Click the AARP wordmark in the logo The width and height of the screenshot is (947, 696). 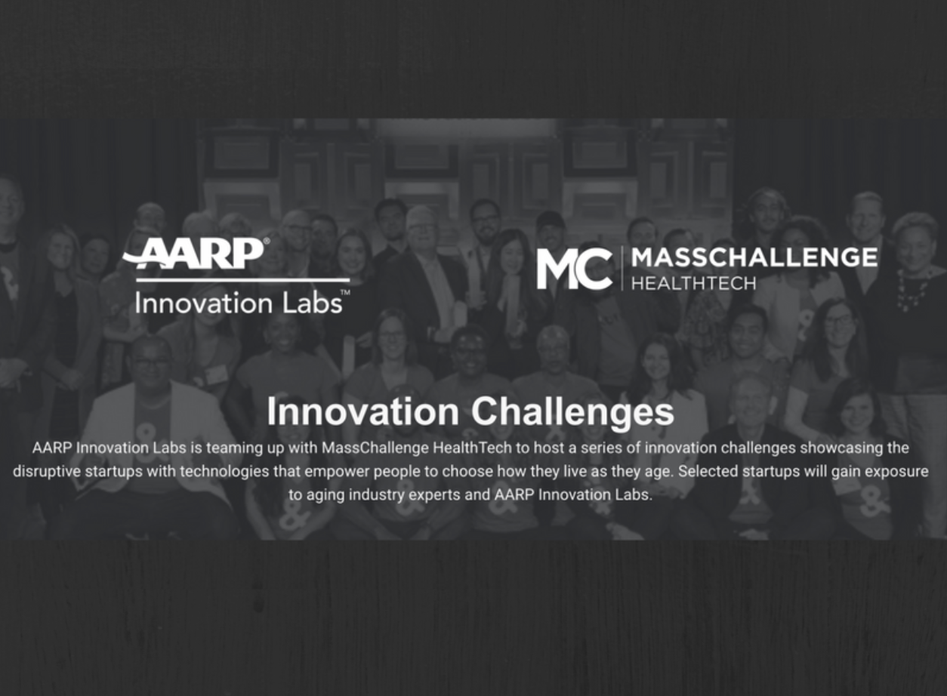(193, 254)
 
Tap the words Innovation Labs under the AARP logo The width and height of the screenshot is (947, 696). (239, 303)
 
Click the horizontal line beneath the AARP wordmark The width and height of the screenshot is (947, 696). (243, 280)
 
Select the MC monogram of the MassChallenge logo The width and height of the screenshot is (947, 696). (575, 269)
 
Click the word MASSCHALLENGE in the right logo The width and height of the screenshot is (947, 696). (754, 257)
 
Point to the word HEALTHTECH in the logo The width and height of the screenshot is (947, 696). (694, 283)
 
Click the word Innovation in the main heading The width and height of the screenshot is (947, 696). (363, 411)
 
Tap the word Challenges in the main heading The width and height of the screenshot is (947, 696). (573, 413)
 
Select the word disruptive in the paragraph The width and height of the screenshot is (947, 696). (47, 471)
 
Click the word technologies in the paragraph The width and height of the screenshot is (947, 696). (224, 471)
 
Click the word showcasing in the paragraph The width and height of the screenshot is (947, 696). (840, 448)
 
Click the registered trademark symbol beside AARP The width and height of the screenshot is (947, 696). (267, 242)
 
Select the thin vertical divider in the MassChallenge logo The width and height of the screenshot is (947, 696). (622, 268)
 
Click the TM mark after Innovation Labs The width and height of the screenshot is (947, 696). (345, 292)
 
